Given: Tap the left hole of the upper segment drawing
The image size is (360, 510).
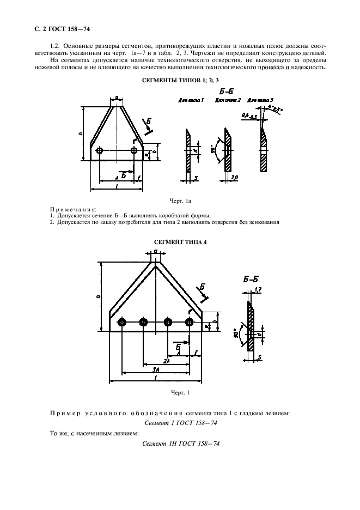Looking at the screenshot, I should (x=99, y=150).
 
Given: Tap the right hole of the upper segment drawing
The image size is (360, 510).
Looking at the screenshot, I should (x=133, y=150).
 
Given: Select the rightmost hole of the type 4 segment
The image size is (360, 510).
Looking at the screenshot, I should (x=189, y=323).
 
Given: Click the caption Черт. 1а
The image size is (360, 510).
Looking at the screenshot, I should (x=180, y=202).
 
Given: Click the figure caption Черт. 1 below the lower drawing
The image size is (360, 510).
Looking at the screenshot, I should (x=180, y=392).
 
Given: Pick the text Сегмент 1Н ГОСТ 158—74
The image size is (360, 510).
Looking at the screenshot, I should (x=180, y=444).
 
